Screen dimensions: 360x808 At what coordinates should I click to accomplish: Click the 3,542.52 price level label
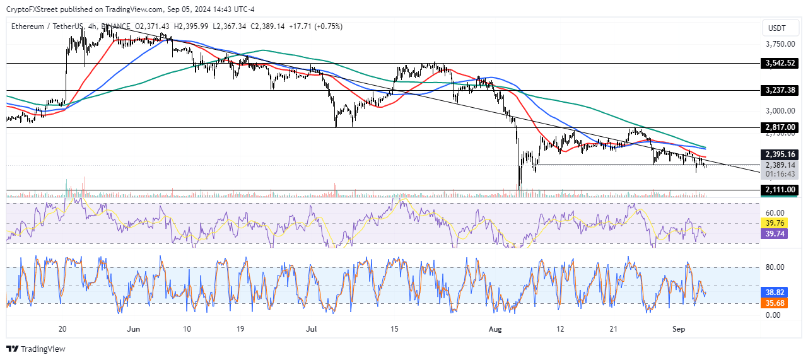(780, 63)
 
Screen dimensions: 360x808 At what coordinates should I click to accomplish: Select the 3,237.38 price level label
(780, 90)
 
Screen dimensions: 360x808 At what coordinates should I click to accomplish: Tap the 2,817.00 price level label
(780, 127)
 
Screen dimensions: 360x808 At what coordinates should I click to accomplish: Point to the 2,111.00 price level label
(780, 190)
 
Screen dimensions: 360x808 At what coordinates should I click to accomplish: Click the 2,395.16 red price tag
(780, 154)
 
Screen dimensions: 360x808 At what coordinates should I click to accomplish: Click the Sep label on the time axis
(679, 329)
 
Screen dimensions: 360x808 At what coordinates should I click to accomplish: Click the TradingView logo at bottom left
(36, 349)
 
